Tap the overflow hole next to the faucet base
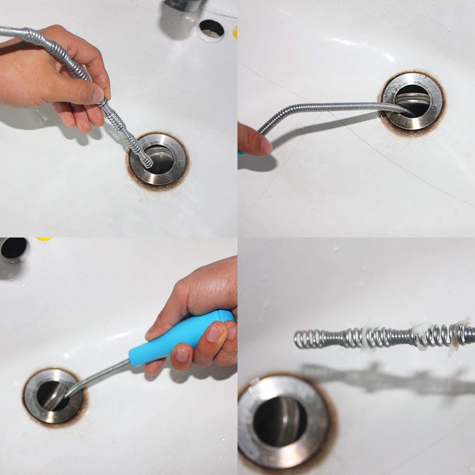pyautogui.click(x=211, y=29)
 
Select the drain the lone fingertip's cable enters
pyautogui.click(x=412, y=101)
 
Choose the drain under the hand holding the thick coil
pyautogui.click(x=159, y=159)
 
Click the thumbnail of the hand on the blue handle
pyautogui.click(x=216, y=332)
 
